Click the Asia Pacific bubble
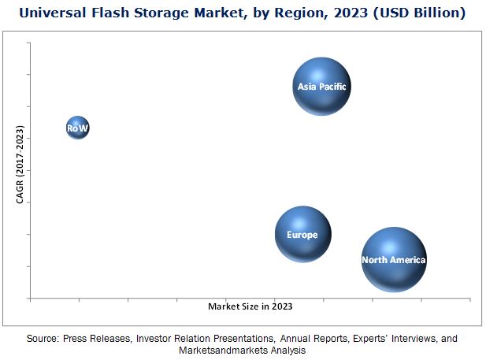coord(321,87)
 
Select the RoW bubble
coord(77,128)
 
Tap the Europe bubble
coord(302,235)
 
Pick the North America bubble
coord(394,259)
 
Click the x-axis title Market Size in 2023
coord(250,306)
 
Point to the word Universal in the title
coord(53,13)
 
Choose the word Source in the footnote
coord(43,339)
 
